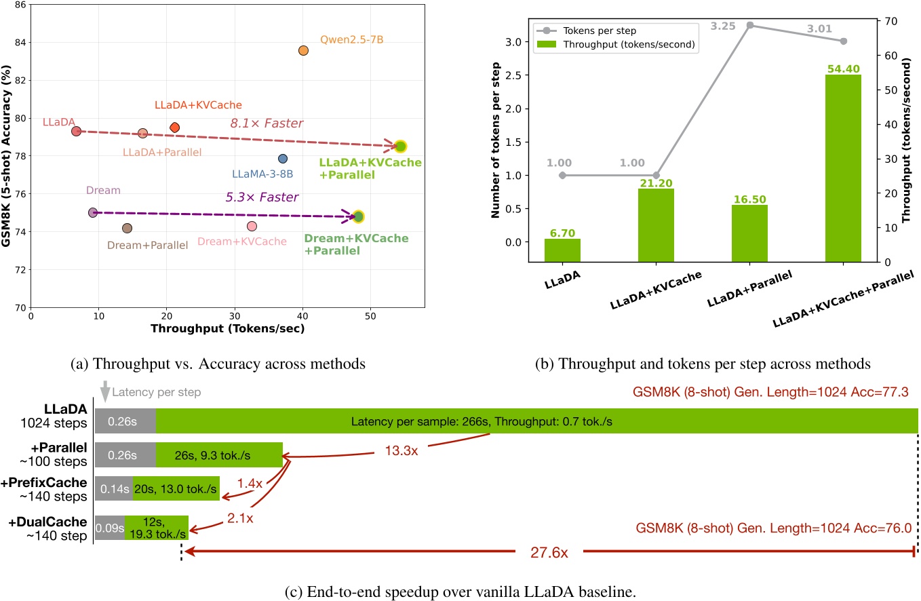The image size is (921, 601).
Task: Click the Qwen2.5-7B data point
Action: click(303, 51)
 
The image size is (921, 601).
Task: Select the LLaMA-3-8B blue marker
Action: click(283, 159)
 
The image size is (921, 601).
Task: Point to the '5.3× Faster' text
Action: click(262, 198)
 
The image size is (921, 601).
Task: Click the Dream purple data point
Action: click(93, 212)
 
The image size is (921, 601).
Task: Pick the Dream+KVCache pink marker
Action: click(252, 226)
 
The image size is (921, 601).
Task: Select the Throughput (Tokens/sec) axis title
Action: click(227, 329)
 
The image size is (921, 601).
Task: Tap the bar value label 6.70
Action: click(562, 233)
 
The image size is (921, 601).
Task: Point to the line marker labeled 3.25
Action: click(749, 25)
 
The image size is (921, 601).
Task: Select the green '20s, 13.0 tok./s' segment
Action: click(176, 488)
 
